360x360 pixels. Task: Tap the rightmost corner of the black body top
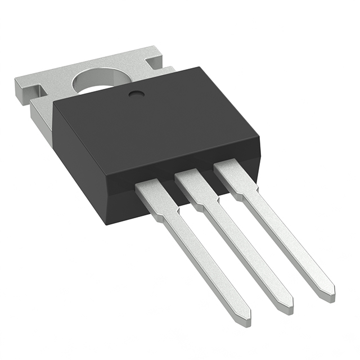pyautogui.click(x=259, y=135)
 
